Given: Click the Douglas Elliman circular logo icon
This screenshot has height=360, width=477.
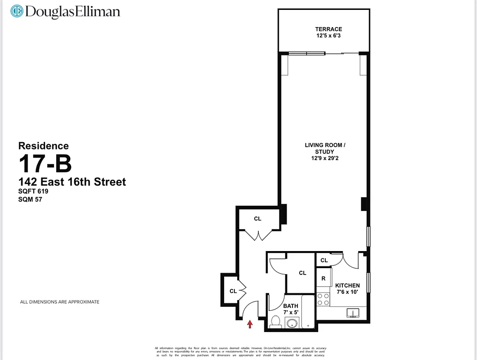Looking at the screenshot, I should click(x=17, y=11).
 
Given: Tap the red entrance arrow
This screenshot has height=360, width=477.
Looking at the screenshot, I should click(x=250, y=323).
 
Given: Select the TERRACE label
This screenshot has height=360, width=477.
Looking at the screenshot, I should click(x=328, y=29).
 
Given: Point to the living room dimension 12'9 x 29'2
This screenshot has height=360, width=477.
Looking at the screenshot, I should click(x=325, y=158).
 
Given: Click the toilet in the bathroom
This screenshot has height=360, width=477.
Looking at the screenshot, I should click(x=275, y=321).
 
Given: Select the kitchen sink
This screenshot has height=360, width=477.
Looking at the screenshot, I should click(x=352, y=313).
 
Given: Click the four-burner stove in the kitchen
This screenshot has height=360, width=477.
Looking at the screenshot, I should click(x=323, y=299).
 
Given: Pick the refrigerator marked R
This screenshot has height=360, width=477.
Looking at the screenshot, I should click(x=323, y=279).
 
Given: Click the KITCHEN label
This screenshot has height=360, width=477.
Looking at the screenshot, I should click(x=347, y=285).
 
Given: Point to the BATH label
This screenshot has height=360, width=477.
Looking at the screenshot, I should click(x=291, y=306).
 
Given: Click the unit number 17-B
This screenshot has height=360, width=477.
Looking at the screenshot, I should click(x=45, y=164).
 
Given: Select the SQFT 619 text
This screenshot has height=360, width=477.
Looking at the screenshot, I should click(x=33, y=191).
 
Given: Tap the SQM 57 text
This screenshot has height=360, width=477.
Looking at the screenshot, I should click(x=30, y=199).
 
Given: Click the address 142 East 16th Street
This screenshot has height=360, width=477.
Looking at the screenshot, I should click(x=72, y=182).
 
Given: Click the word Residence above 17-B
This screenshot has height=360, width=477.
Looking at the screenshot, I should click(x=43, y=146).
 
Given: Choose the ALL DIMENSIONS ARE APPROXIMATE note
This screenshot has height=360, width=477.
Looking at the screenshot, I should click(x=59, y=302).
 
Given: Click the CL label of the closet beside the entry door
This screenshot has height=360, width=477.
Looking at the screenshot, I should click(x=233, y=291).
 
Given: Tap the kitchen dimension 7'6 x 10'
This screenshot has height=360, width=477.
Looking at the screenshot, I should click(x=347, y=292).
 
